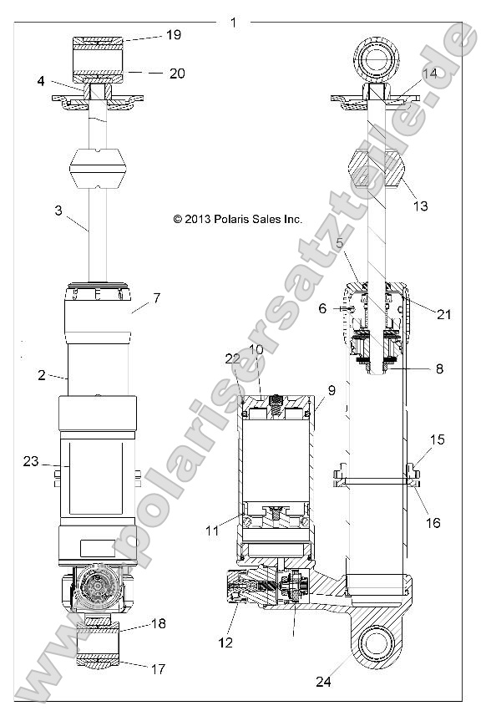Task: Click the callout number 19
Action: click(173, 35)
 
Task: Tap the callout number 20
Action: click(176, 73)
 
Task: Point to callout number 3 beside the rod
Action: click(58, 211)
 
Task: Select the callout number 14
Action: click(429, 74)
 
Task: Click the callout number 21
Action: click(443, 314)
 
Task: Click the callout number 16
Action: click(432, 523)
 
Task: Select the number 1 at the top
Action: click(233, 22)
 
